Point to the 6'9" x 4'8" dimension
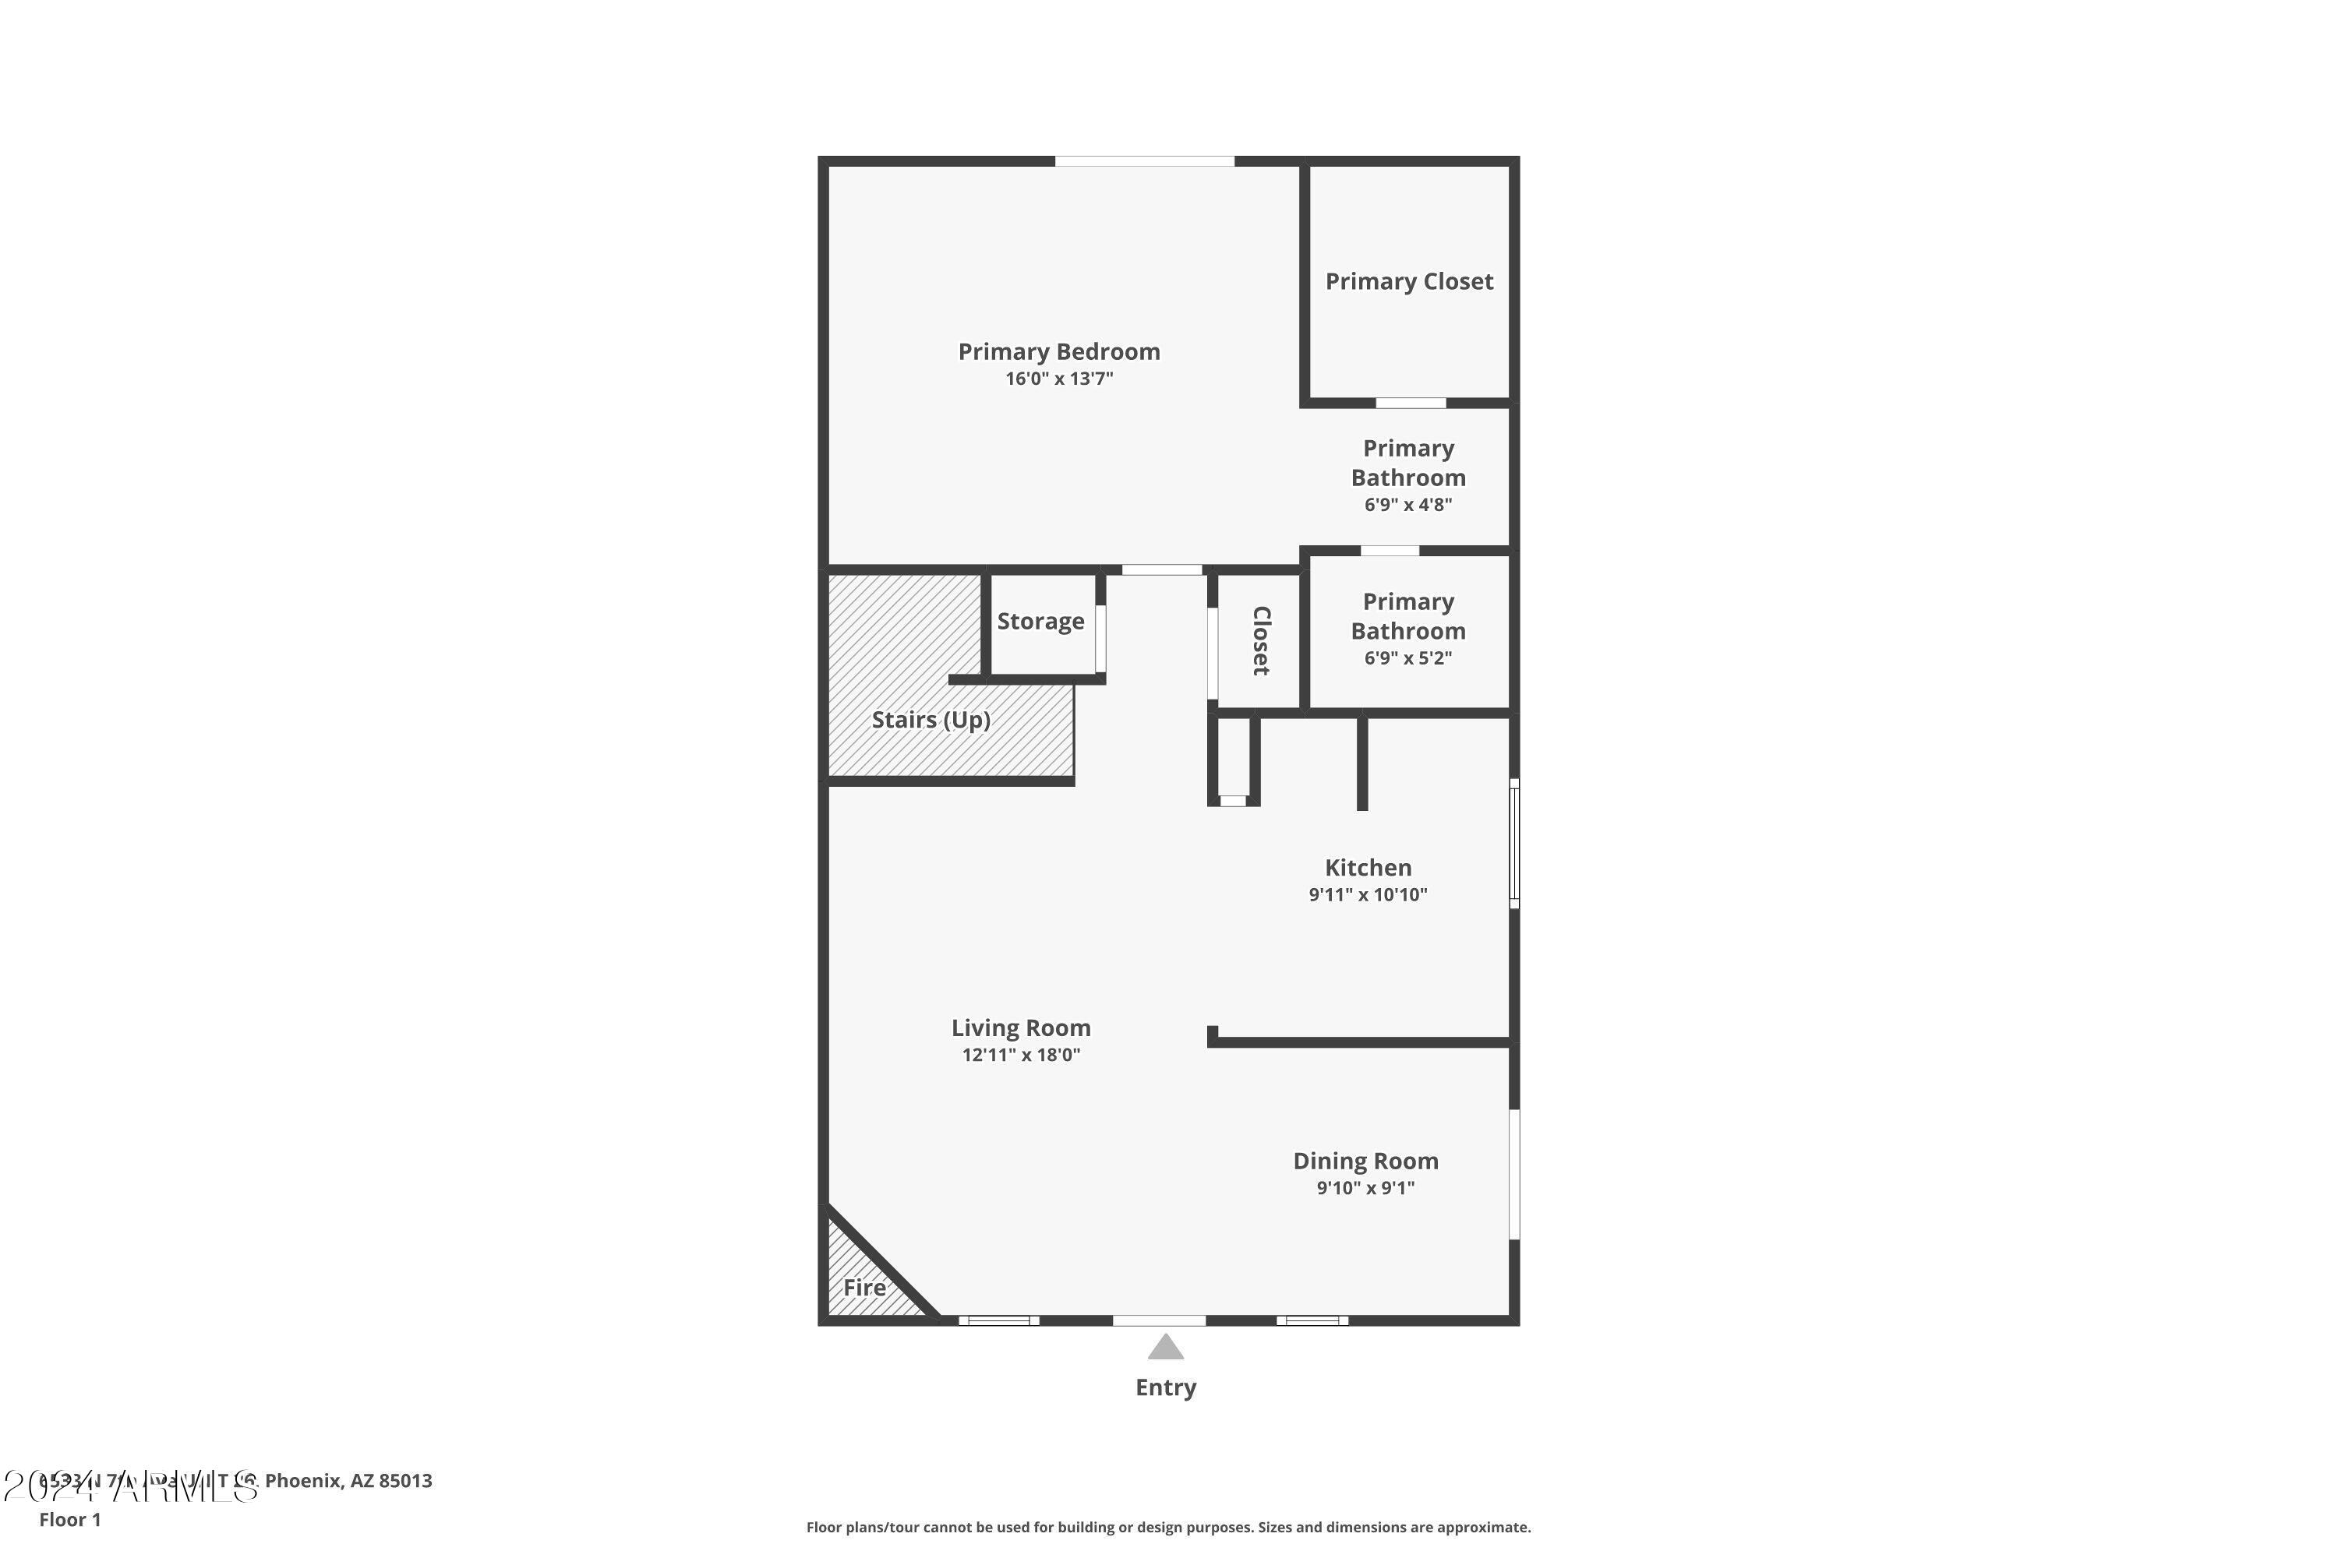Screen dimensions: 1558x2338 pyautogui.click(x=1407, y=505)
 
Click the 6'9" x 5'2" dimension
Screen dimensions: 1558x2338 pyautogui.click(x=1407, y=657)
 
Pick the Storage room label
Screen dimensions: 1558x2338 pyautogui.click(x=1040, y=622)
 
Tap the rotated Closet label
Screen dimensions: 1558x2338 pyautogui.click(x=1260, y=641)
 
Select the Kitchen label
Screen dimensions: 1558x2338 pyautogui.click(x=1368, y=868)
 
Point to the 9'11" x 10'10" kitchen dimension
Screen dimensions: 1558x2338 pyautogui.click(x=1368, y=894)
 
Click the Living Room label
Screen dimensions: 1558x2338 pyautogui.click(x=1021, y=1028)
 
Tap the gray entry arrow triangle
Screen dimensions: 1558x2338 pyautogui.click(x=1165, y=1348)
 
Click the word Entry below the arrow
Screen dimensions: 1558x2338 pyautogui.click(x=1165, y=1387)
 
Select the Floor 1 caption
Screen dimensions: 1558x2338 pyautogui.click(x=69, y=1519)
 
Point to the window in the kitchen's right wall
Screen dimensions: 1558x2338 pyautogui.click(x=1514, y=843)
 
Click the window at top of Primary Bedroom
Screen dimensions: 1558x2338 pyautogui.click(x=1144, y=161)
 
